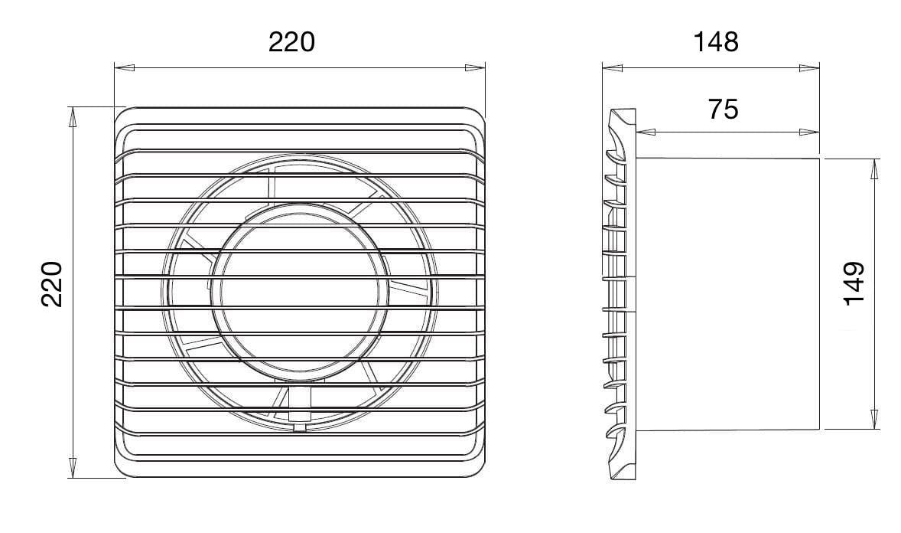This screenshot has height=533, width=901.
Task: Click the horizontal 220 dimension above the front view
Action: [292, 42]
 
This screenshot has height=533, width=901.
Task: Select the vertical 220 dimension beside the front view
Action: [52, 284]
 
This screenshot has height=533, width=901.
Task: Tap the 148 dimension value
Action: [715, 42]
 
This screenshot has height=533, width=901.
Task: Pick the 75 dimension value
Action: [723, 110]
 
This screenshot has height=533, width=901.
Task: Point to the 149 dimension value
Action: [854, 283]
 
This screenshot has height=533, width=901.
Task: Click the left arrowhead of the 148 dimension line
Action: [612, 68]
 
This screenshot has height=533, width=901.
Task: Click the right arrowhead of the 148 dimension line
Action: [809, 68]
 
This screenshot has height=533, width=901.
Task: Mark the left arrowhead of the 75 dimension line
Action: [646, 132]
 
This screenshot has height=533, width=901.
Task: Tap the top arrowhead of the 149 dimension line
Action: [874, 169]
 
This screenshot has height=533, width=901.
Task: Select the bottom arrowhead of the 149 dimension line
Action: [874, 419]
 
